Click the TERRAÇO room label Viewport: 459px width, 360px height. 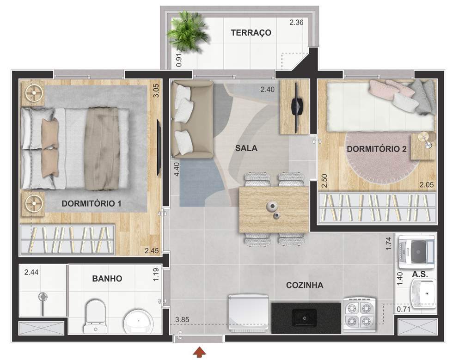pyautogui.click(x=251, y=33)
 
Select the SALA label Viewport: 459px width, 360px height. pyautogui.click(x=246, y=148)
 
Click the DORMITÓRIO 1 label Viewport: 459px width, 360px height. pyautogui.click(x=91, y=203)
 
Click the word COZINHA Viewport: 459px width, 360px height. pyautogui.click(x=304, y=285)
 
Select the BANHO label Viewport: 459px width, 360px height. pyautogui.click(x=107, y=279)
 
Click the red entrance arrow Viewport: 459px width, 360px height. pyautogui.click(x=199, y=353)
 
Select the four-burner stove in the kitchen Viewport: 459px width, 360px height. pyautogui.click(x=359, y=314)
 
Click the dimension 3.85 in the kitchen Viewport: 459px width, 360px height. pyautogui.click(x=183, y=319)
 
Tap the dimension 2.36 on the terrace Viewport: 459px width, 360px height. pyautogui.click(x=296, y=22)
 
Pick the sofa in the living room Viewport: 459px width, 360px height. pyautogui.click(x=190, y=120)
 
